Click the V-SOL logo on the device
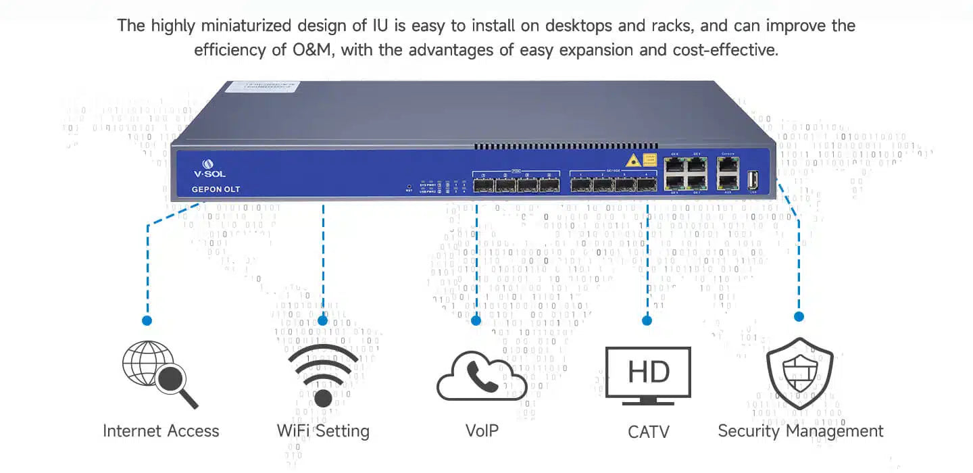coord(214,168)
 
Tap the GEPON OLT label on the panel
coord(216,189)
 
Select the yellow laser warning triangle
coord(632,161)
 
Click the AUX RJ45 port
coord(729,180)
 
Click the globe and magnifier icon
coord(159,374)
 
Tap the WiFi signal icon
coord(324,376)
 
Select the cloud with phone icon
coord(482,376)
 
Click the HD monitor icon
coord(648,374)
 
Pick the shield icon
coord(800,374)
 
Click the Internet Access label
coord(161,431)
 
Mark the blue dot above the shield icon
coord(799,316)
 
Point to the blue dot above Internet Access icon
coord(147,320)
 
